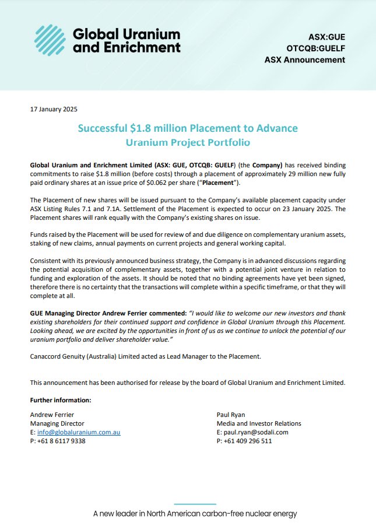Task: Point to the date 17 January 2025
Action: coord(54,109)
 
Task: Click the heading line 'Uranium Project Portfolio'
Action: coord(187,142)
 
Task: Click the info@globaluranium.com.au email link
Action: coord(79,432)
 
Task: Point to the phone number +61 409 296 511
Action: coord(247,441)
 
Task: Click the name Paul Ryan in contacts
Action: coord(231,415)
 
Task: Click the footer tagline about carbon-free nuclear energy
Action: coord(195,514)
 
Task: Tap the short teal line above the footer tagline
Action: coord(195,503)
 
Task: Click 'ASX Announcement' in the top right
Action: coord(304,59)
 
